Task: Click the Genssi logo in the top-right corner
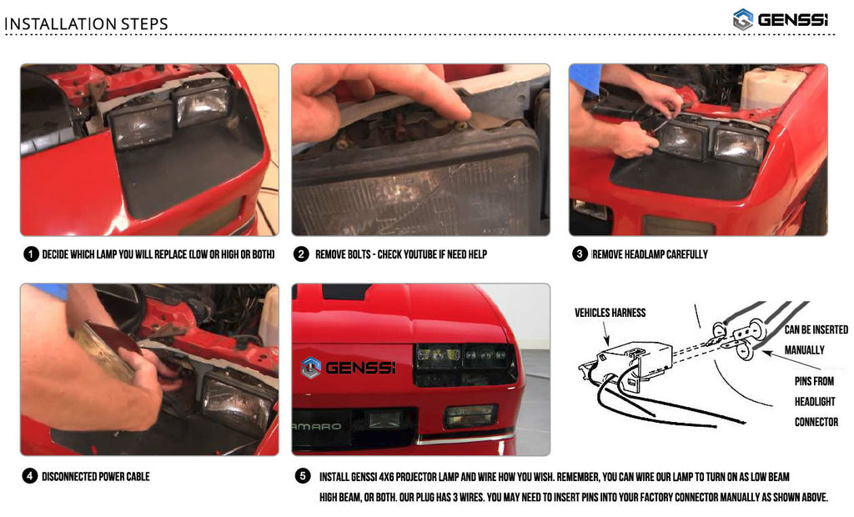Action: click(x=781, y=20)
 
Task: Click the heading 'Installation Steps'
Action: click(x=86, y=24)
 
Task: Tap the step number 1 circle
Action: click(x=31, y=253)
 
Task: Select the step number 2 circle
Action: click(x=301, y=253)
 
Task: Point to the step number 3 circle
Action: click(x=580, y=253)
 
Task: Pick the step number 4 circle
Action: click(x=29, y=476)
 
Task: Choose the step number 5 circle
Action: click(x=303, y=475)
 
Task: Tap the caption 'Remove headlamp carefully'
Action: click(x=650, y=254)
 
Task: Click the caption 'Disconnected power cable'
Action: click(x=96, y=477)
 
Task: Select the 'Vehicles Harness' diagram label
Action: click(x=610, y=313)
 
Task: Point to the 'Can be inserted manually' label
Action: click(x=816, y=339)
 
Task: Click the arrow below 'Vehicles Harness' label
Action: click(x=605, y=334)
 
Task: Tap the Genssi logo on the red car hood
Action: click(x=348, y=368)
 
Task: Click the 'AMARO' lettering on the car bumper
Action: click(x=316, y=427)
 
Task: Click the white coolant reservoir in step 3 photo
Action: click(x=771, y=88)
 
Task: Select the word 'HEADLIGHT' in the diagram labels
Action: click(x=815, y=401)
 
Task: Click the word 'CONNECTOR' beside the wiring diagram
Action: click(x=816, y=422)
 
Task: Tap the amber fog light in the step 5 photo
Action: click(x=471, y=415)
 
